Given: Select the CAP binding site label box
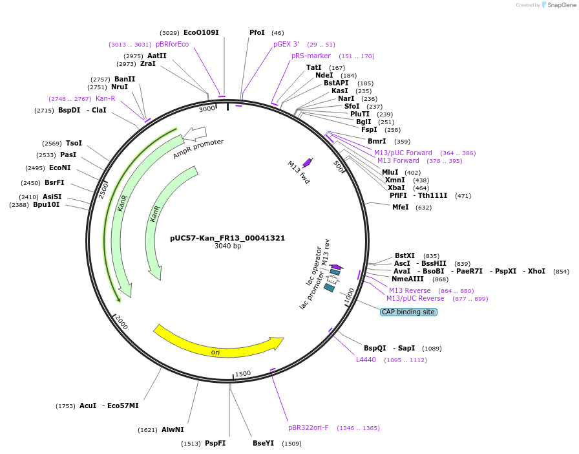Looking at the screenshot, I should [x=408, y=312].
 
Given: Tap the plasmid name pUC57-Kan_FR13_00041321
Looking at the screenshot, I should [x=227, y=238].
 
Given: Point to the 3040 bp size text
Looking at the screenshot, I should [x=227, y=246].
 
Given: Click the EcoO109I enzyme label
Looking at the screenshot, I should [x=201, y=32].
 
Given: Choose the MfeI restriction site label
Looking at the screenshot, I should [x=401, y=207].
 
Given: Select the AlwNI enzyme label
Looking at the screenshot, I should [x=173, y=429].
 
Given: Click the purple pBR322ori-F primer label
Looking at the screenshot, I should [x=308, y=427].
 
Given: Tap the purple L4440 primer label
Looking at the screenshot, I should [x=366, y=360].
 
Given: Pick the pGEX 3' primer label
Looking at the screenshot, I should [x=286, y=44].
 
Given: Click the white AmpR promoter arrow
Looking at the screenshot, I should [x=195, y=134].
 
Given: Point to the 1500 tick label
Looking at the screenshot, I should [x=243, y=374].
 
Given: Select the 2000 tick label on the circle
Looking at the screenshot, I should [x=121, y=322].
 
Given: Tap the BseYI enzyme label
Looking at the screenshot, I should [x=263, y=443].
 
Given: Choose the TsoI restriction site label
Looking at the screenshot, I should [x=74, y=143].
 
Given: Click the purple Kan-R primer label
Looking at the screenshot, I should [x=105, y=98].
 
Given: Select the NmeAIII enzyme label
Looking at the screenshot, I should [x=407, y=279].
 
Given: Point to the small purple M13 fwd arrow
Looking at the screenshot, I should [x=307, y=162].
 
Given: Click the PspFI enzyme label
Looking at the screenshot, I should [x=215, y=443].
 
